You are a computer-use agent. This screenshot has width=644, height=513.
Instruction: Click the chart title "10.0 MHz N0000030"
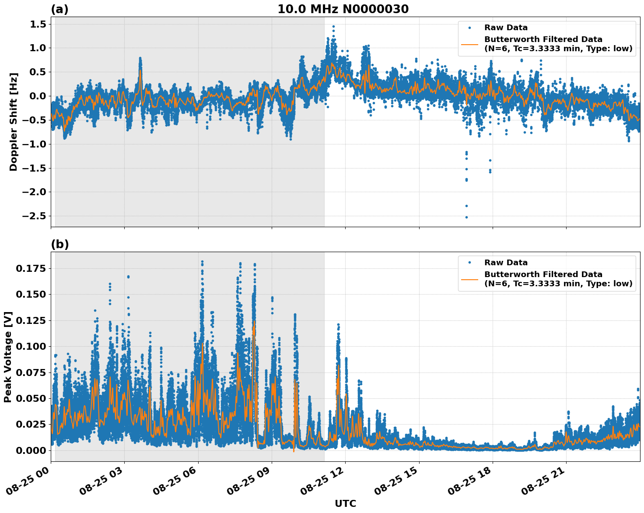(x=343, y=9)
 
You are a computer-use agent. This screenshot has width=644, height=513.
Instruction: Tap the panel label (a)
(x=59, y=9)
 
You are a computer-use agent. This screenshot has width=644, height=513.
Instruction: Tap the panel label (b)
(x=59, y=244)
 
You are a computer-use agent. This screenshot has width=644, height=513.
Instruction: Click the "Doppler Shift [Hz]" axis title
(x=14, y=122)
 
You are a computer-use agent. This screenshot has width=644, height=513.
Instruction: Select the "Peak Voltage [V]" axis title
(x=7, y=357)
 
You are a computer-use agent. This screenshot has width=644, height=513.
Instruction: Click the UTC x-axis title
(x=345, y=503)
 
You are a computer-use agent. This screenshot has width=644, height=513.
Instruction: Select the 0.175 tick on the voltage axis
(x=31, y=268)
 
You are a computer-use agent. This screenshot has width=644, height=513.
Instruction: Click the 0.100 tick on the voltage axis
(x=31, y=346)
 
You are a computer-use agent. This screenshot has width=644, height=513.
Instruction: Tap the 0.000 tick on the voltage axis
(x=31, y=450)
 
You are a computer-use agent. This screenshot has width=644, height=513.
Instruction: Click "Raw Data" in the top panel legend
(x=506, y=28)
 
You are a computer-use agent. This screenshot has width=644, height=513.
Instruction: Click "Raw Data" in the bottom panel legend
(x=506, y=263)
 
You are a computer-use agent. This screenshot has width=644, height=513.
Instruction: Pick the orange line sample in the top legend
(x=469, y=44)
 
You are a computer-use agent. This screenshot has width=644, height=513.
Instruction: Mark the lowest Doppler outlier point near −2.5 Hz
(x=466, y=217)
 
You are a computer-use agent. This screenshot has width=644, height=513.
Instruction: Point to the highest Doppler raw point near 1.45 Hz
(x=333, y=26)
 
